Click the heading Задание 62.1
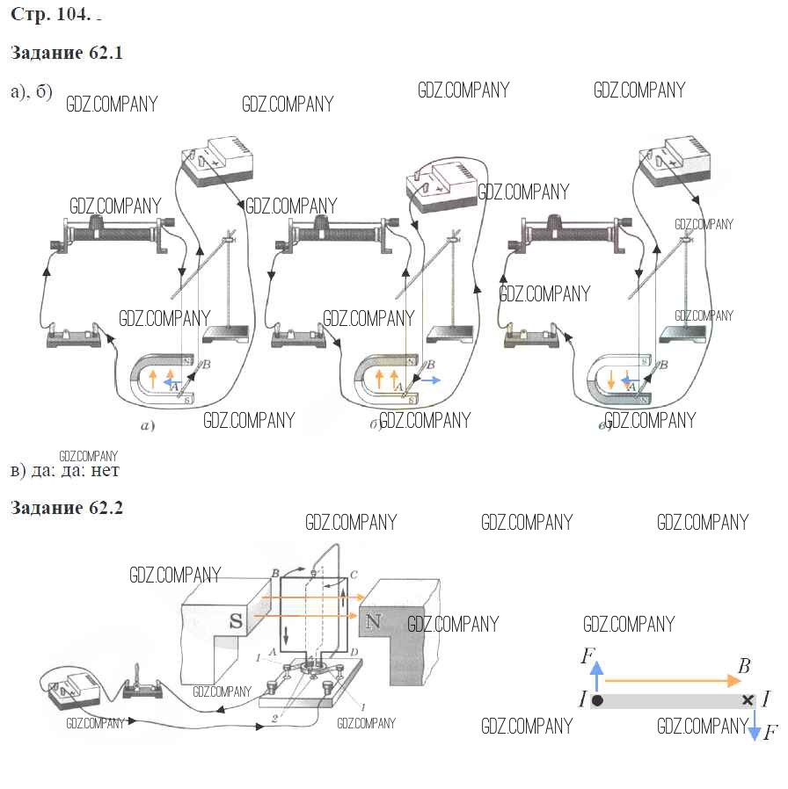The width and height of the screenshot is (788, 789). pyautogui.click(x=66, y=53)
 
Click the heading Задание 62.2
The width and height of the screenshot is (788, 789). pyautogui.click(x=66, y=509)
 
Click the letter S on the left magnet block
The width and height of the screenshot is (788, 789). pyautogui.click(x=236, y=620)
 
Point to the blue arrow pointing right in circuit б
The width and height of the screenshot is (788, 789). pyautogui.click(x=430, y=380)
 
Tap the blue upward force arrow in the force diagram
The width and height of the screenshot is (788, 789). pyautogui.click(x=597, y=677)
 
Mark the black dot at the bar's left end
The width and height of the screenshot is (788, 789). pyautogui.click(x=597, y=700)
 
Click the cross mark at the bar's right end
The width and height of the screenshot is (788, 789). pyautogui.click(x=748, y=700)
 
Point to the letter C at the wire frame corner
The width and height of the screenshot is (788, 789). pyautogui.click(x=353, y=575)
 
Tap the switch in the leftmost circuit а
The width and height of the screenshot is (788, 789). pyautogui.click(x=73, y=336)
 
